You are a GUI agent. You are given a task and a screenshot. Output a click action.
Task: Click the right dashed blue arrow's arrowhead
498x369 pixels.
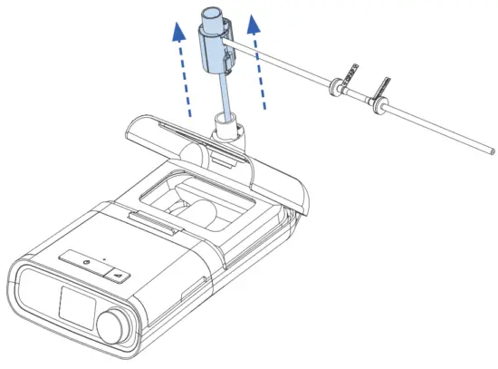(x=254, y=22)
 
